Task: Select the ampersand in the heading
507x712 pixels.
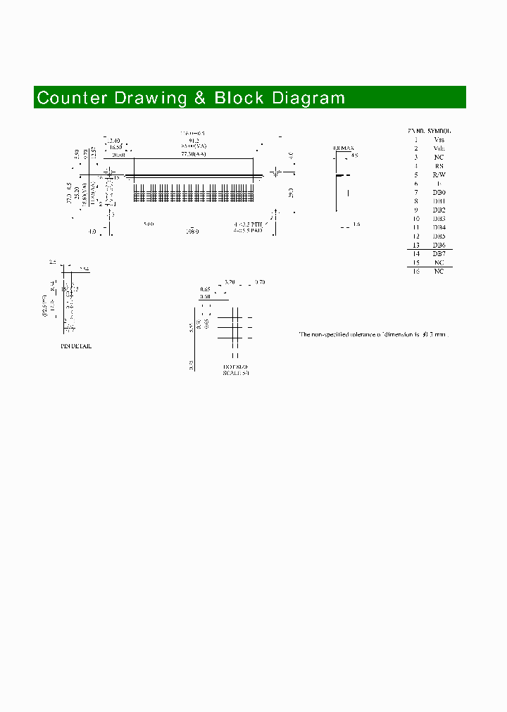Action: [200, 98]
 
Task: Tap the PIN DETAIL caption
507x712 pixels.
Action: [75, 346]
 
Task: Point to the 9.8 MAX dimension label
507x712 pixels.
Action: [342, 148]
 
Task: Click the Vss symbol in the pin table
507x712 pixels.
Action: [439, 139]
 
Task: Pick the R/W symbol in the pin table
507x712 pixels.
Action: [439, 174]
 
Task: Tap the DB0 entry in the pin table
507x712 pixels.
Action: [439, 192]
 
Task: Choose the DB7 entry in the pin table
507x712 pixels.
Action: [439, 253]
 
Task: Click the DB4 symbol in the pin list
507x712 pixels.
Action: [439, 227]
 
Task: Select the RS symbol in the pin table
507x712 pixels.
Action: [439, 166]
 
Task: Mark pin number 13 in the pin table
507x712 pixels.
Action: [416, 245]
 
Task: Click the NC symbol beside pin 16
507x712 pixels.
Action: [439, 271]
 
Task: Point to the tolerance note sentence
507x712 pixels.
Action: [373, 334]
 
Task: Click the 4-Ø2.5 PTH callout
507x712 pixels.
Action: [249, 224]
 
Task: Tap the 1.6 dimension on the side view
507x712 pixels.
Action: [356, 224]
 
